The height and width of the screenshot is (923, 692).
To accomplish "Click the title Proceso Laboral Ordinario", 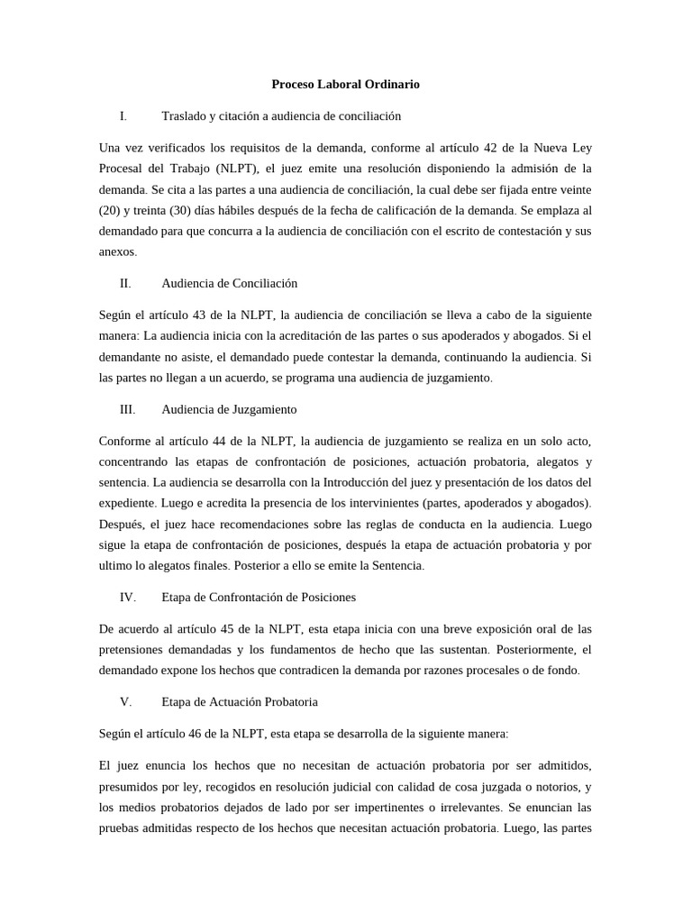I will pos(345,85).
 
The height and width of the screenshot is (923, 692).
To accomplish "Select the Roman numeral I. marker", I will pos(123,116).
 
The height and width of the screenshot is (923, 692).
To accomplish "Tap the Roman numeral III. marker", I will pos(127,409).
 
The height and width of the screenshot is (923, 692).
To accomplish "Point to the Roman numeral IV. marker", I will pos(127,597).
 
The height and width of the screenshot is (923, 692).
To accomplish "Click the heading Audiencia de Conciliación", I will pos(229,283).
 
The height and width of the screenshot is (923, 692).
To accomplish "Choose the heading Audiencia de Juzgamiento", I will pos(229,409).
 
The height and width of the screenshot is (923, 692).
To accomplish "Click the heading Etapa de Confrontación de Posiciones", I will pos(259,597).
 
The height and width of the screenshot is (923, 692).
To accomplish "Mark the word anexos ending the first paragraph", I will pos(117,252).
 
